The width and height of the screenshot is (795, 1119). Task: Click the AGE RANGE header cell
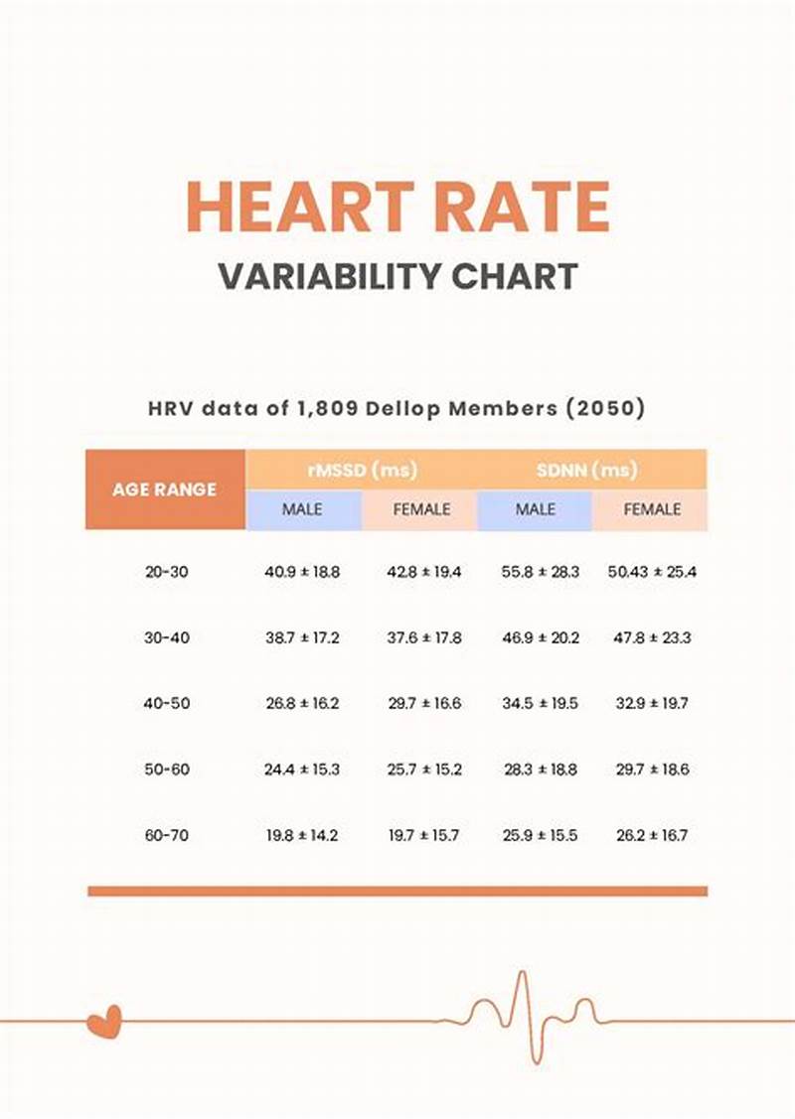pos(165,490)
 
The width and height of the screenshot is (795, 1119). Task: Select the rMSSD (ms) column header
pos(361,470)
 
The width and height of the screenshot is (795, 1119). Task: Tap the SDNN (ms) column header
pos(592,470)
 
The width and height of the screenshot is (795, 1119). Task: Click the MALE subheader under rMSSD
pos(303,509)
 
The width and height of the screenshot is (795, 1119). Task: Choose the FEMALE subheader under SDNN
pos(652,509)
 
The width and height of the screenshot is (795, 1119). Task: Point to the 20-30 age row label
pos(167,573)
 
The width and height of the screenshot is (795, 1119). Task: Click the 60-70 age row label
pos(167,836)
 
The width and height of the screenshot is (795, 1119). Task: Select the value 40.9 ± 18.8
pos(302,573)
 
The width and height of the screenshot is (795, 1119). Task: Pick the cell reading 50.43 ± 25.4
pos(652,573)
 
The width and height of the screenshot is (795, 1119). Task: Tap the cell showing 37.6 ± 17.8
pos(424,638)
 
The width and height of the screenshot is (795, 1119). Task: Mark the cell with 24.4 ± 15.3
pos(302,769)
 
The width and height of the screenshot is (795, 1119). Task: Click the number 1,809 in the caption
pos(323,409)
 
